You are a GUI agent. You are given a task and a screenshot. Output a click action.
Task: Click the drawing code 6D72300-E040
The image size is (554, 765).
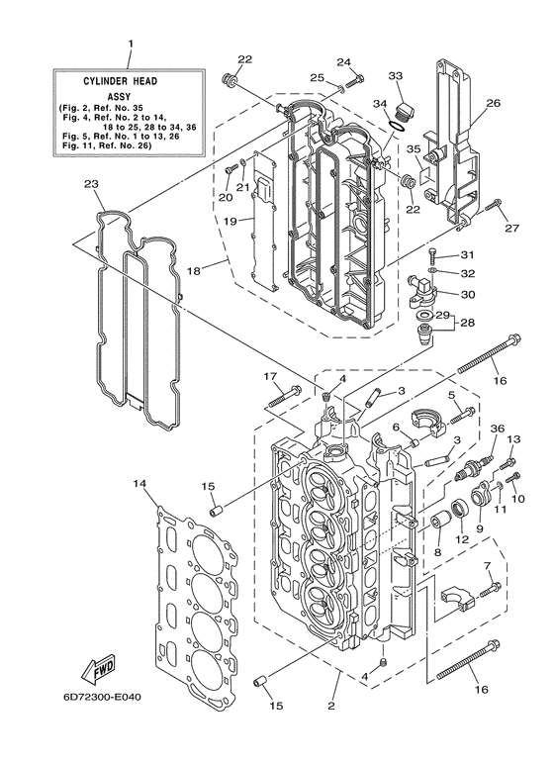(106, 700)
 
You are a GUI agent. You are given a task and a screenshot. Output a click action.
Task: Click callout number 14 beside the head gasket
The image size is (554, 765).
(138, 483)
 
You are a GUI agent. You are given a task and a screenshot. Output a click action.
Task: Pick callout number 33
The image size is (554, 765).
(395, 76)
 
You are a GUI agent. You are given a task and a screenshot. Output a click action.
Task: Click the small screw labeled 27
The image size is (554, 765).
(497, 208)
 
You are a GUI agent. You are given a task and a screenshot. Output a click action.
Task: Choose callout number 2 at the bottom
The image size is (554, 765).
(331, 706)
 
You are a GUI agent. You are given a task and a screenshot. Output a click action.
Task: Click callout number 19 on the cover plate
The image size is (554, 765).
(230, 222)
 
